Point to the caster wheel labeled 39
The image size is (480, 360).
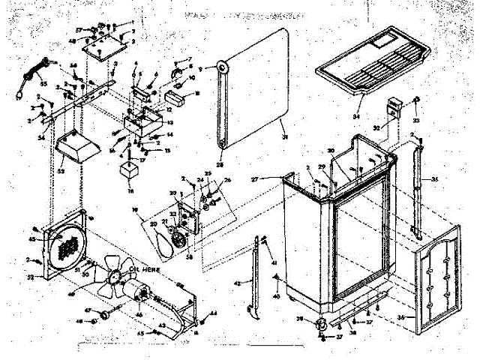coord(322,324)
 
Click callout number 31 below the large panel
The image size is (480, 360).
coord(284,136)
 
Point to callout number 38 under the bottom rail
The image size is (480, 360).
coord(352,330)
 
